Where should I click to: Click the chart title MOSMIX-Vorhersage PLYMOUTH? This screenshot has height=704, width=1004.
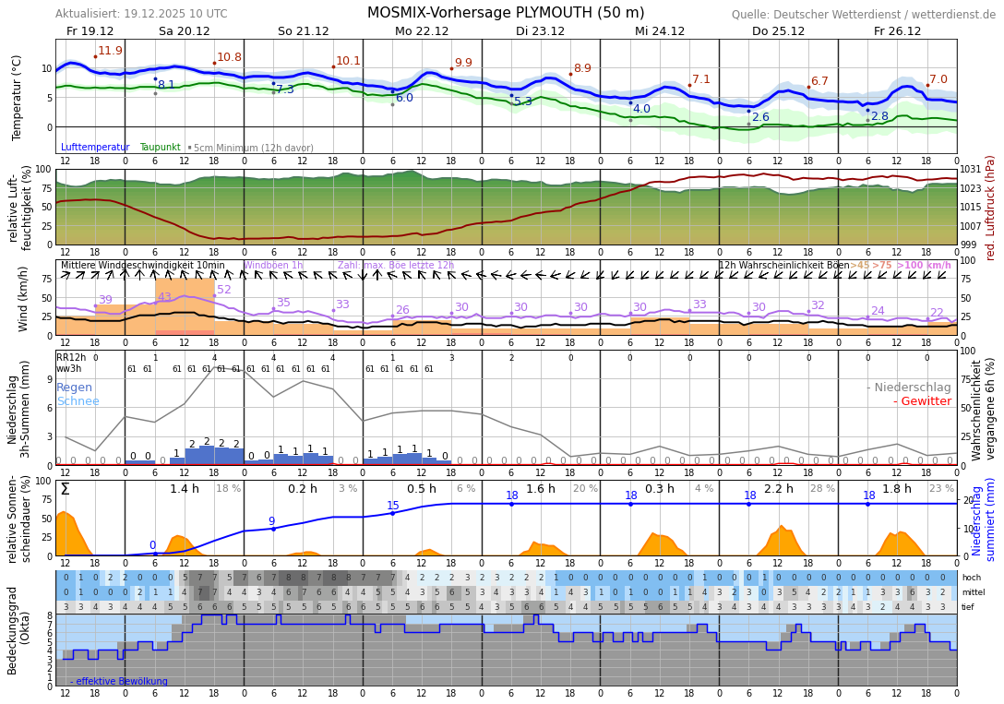506,13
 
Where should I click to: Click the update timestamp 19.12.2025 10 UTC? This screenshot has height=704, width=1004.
175,14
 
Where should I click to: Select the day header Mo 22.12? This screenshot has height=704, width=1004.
422,31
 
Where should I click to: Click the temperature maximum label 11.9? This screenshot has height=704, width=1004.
110,51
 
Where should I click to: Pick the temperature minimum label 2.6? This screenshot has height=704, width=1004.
760,117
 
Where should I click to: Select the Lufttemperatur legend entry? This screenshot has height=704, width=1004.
96,148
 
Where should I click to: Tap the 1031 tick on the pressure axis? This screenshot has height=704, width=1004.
970,170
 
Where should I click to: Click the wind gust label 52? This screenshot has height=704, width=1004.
224,290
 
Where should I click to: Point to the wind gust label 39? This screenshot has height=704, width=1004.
105,300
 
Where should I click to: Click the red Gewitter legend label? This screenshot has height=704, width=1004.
922,401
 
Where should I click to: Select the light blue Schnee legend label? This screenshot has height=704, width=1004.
78,401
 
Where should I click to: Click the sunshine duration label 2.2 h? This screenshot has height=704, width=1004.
778,489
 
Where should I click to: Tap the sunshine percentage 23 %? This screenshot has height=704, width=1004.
941,489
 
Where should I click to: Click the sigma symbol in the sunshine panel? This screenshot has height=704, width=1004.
65,490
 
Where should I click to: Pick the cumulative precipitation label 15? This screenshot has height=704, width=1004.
393,506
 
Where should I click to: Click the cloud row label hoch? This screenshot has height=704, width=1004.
971,578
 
